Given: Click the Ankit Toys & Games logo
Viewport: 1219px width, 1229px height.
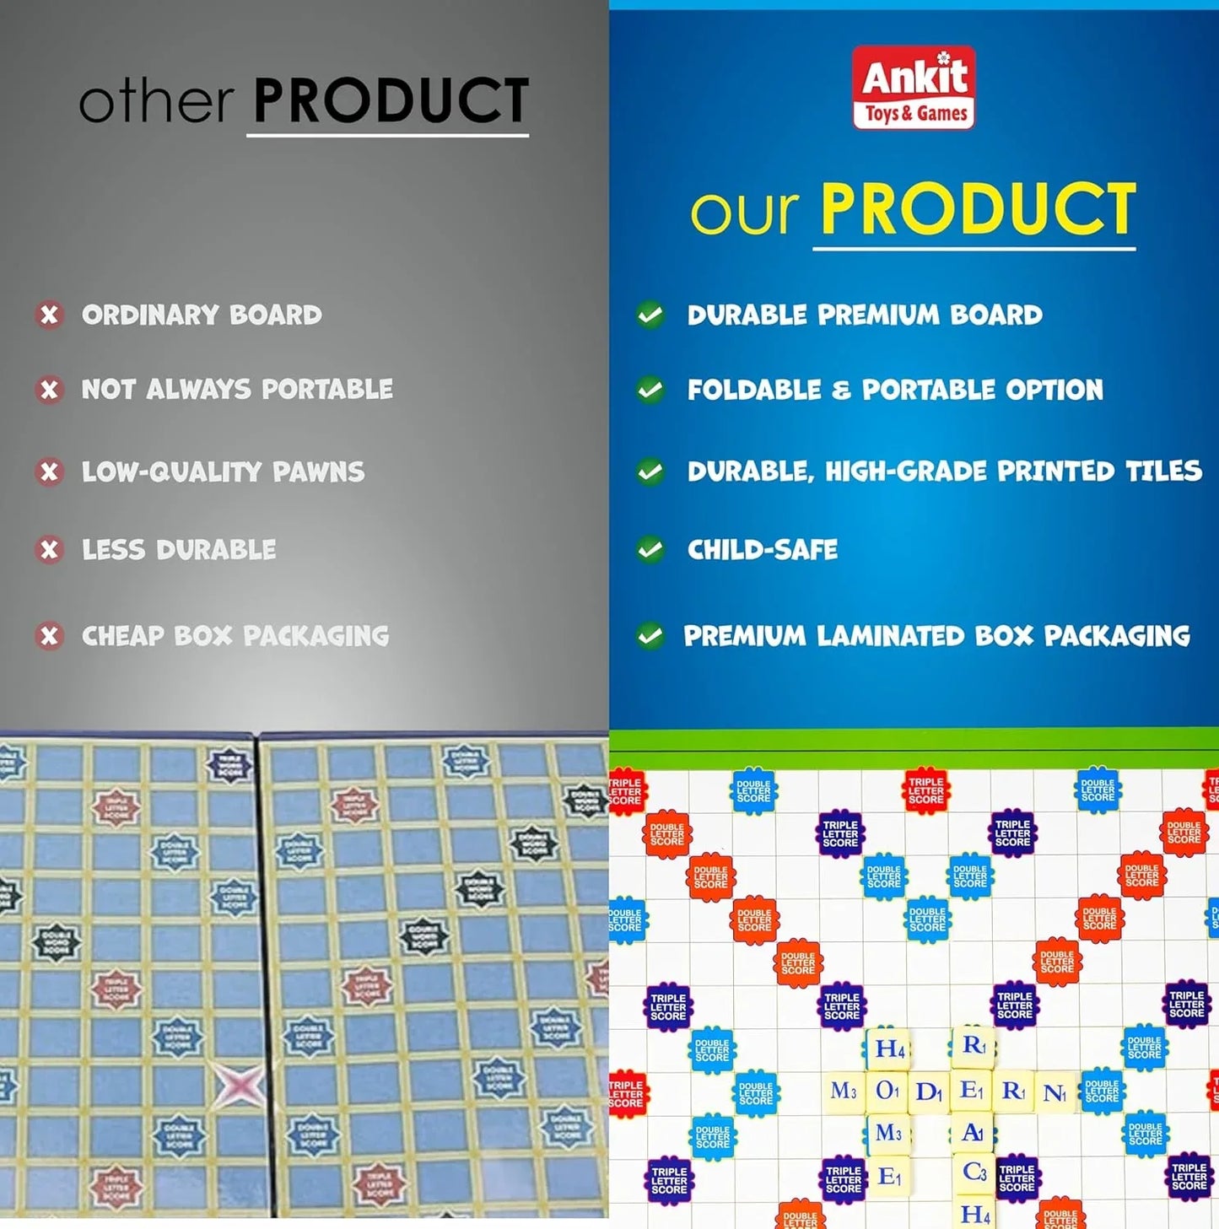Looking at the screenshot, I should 914,88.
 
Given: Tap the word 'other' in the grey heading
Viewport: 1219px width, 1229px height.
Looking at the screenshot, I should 156,102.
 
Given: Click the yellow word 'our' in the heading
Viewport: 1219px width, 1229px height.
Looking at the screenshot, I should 744,211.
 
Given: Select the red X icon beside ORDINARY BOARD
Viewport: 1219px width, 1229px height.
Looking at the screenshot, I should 50,315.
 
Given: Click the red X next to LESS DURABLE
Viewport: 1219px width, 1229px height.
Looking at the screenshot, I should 50,550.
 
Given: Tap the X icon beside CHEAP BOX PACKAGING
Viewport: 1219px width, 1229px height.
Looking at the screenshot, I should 50,635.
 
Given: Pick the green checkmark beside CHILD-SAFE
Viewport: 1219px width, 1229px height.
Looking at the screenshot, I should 650,550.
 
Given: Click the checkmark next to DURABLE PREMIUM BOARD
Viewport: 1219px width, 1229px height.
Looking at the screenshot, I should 650,315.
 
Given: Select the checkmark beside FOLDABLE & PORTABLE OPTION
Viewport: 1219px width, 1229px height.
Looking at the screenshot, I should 650,390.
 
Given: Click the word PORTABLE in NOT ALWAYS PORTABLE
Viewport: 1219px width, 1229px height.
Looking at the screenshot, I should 326,389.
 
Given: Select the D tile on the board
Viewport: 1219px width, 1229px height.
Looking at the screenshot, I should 929,1092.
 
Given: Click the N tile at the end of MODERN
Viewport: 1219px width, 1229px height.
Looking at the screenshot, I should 1054,1093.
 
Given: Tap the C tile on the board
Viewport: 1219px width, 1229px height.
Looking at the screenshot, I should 974,1172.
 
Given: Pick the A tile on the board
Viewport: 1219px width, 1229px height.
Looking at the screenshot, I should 973,1132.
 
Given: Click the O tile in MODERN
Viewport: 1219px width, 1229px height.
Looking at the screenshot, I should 887,1091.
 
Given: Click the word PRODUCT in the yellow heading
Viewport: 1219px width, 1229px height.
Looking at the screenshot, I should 978,210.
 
